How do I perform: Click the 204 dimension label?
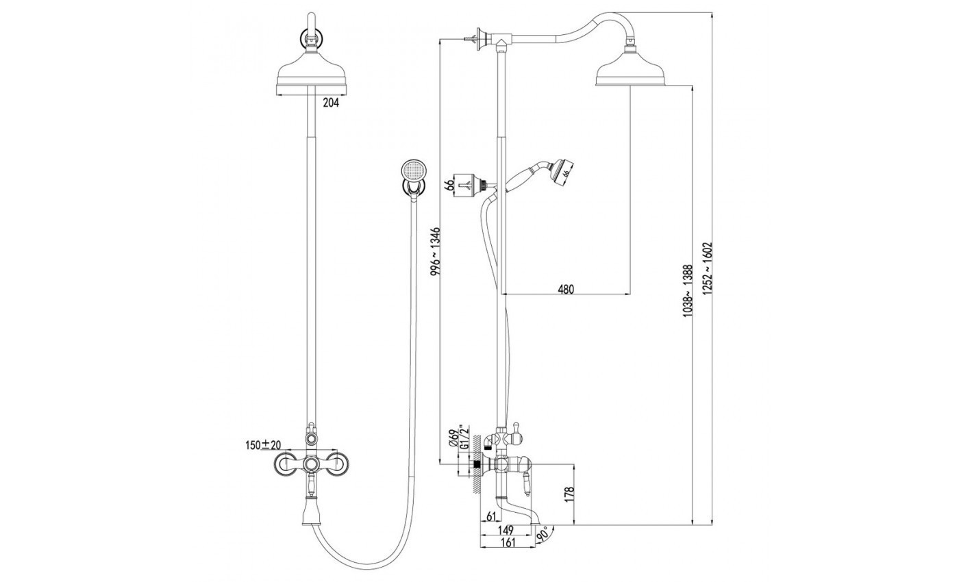click(331, 103)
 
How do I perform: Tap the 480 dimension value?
click(565, 289)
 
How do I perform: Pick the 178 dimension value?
click(569, 495)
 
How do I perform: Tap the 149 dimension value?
click(506, 530)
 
